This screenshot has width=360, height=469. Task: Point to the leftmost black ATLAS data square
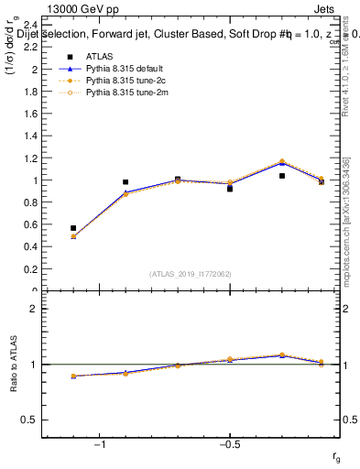coord(73,228)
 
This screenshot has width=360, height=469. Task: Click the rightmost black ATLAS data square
coord(322,181)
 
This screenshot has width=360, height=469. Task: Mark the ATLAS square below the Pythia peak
coord(282,176)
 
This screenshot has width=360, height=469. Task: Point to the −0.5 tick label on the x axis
coord(229,445)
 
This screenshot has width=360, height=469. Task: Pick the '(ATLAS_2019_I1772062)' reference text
coord(191,274)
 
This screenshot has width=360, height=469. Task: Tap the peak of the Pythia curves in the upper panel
coord(282,162)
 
